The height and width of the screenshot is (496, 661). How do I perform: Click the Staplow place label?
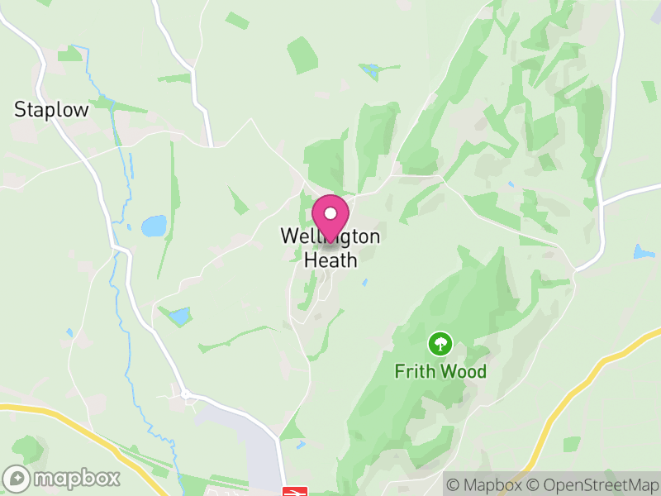point(51,109)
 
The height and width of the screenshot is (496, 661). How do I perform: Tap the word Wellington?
point(330,236)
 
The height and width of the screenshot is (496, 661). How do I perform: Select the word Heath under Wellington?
point(330,260)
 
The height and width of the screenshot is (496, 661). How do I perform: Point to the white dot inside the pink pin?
point(330,212)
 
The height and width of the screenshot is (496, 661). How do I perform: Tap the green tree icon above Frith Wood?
point(440,342)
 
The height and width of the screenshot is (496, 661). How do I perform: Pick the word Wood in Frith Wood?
point(464,371)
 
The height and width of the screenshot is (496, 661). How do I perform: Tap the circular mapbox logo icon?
point(17,479)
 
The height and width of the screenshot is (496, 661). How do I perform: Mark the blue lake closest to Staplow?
point(154,226)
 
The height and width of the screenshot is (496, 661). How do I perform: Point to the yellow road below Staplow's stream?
point(66,418)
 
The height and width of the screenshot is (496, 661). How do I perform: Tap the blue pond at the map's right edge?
point(643,250)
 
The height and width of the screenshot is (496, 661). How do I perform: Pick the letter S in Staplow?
point(20,109)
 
